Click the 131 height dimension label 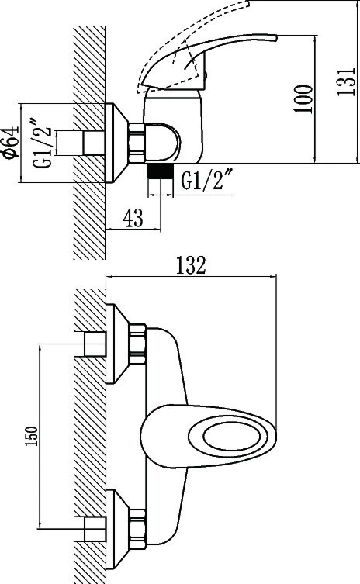(x=346, y=82)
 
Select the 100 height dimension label (x=303, y=99)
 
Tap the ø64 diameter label (x=11, y=142)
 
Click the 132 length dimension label (x=191, y=265)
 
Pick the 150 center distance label (x=32, y=436)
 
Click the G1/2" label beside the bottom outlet (x=208, y=180)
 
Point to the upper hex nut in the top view (x=137, y=344)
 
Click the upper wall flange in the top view (x=117, y=344)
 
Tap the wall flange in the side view (x=117, y=143)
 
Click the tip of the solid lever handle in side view (x=277, y=37)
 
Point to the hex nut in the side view (x=136, y=143)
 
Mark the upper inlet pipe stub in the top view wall (x=95, y=344)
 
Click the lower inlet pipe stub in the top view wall (x=95, y=529)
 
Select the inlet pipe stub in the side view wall (x=94, y=142)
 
